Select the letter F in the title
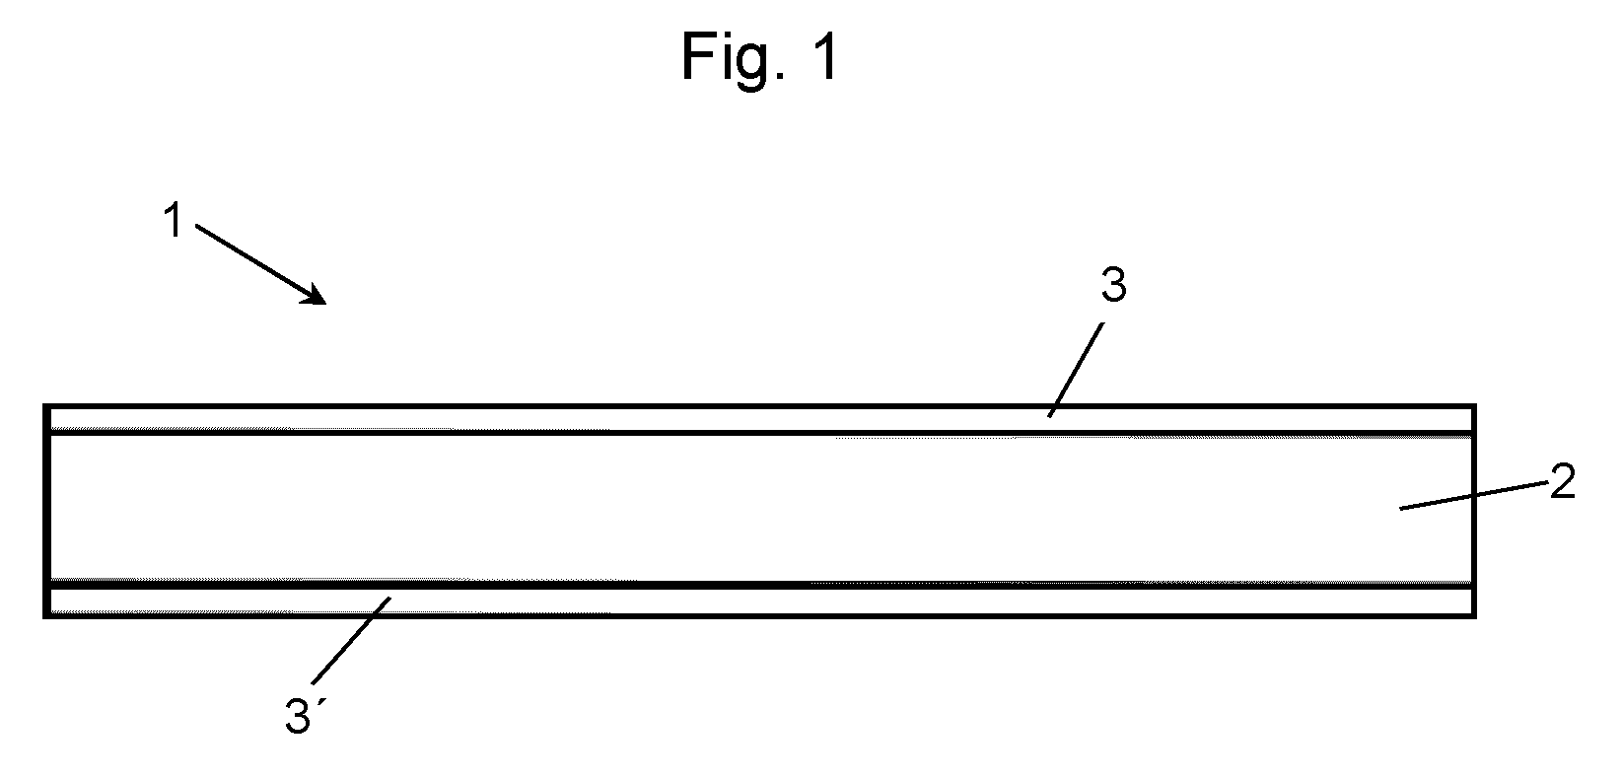696,56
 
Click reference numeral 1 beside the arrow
174,220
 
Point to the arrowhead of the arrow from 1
316,294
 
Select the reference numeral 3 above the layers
1113,285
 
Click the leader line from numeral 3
1077,370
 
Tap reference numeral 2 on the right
1563,481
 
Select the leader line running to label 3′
351,640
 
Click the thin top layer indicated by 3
760,420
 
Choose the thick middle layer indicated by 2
760,509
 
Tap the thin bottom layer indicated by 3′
760,601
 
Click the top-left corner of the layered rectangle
45,407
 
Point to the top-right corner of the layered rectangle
1474,407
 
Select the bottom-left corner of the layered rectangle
45,616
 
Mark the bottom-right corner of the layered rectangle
1474,616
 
